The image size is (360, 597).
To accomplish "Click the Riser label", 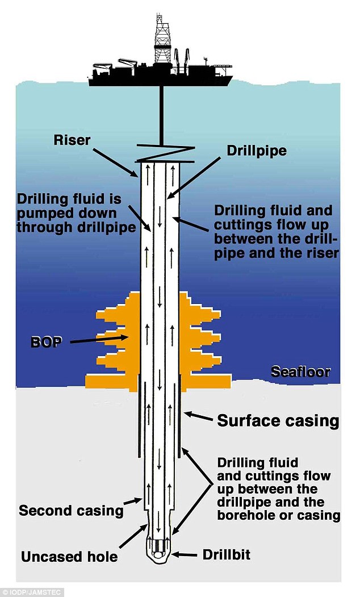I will [72, 140].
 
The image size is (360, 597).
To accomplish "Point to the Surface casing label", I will [278, 421].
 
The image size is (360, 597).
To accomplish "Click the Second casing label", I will [71, 510].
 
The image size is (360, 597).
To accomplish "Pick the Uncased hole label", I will [69, 556].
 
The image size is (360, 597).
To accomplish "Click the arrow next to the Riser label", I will [116, 158].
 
